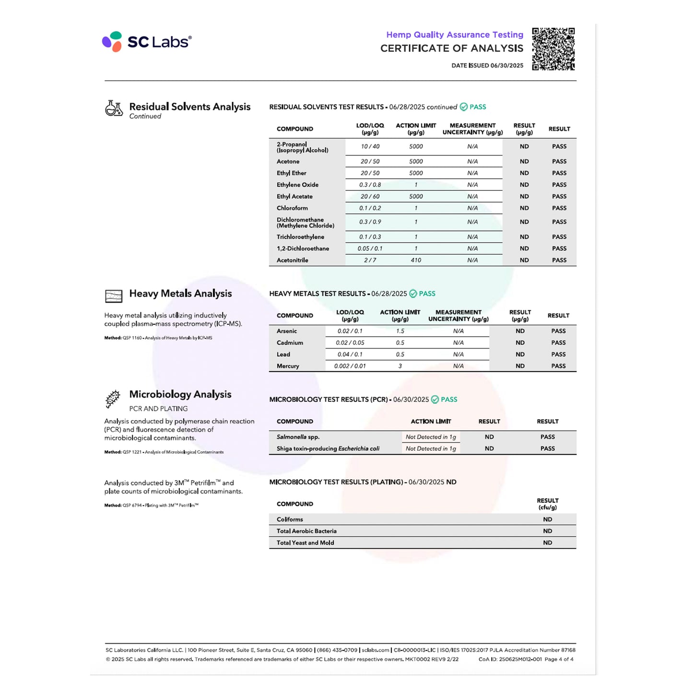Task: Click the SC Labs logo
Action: pos(147,42)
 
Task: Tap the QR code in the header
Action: pos(553,49)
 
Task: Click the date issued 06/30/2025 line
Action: pos(487,66)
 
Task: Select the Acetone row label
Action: pos(288,162)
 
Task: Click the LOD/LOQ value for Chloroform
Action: pos(370,208)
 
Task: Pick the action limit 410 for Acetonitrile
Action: pos(416,260)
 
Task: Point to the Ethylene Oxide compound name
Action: pos(297,185)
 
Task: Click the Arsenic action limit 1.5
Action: pos(400,331)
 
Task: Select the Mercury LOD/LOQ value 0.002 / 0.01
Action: pos(350,366)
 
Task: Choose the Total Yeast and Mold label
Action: pos(305,543)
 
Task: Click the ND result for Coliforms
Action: pos(547,520)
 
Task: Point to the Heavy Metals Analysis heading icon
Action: pos(114,296)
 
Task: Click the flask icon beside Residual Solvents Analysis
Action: pos(114,108)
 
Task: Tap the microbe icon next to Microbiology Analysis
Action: pos(113,399)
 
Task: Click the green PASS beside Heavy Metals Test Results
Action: pos(426,294)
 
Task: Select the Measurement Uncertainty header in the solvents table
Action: pos(472,129)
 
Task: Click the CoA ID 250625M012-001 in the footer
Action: pos(510,659)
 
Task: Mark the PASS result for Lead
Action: pos(558,354)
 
